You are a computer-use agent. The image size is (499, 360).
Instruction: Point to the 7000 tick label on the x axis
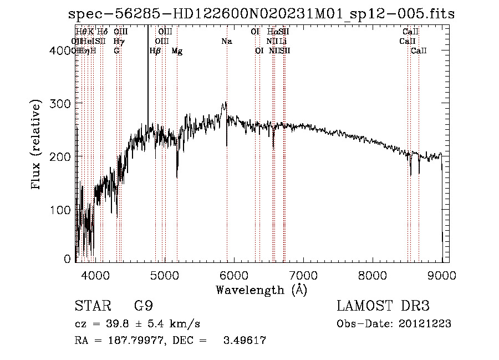point(303,274)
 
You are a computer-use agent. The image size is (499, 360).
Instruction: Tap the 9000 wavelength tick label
point(442,274)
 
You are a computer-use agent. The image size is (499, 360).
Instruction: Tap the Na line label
point(227,41)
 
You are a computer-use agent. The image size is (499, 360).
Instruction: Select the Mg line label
point(177,51)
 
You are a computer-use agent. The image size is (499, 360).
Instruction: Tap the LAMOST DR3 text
point(383,306)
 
